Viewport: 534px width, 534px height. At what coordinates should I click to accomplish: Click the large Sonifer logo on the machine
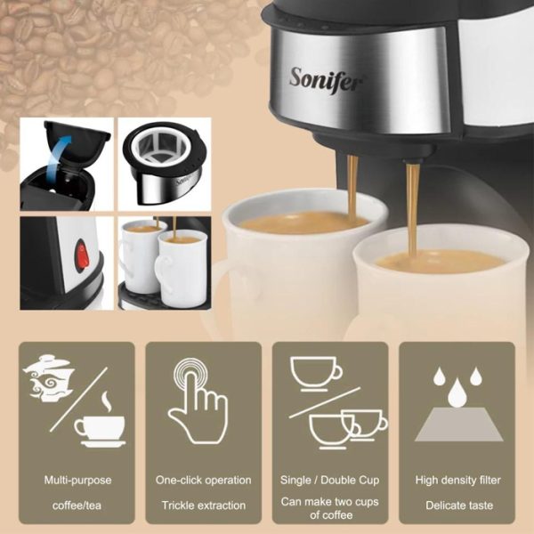point(326,80)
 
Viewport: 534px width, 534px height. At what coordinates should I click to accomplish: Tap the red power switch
point(82,255)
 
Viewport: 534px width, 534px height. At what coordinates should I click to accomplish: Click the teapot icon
point(48,378)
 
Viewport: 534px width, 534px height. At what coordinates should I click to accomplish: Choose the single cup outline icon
point(316,374)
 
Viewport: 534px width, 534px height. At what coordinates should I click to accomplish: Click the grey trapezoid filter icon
point(458,425)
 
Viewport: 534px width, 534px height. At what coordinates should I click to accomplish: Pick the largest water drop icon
point(457,392)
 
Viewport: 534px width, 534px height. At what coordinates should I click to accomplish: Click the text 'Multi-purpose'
point(77,481)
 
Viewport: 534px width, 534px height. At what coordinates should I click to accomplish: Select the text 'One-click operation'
point(203,480)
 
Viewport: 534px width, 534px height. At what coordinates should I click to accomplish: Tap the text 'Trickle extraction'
point(204,506)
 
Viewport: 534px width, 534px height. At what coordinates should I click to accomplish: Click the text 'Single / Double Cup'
point(329,480)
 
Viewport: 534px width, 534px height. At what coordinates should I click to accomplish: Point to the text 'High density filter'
point(458,480)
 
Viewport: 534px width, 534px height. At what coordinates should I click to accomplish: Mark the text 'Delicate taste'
point(459,506)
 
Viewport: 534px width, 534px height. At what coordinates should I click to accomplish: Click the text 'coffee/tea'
point(77,506)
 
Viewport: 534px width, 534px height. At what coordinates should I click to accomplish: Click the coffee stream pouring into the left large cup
point(352,187)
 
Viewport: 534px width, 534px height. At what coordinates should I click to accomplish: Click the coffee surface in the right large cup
point(440,261)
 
